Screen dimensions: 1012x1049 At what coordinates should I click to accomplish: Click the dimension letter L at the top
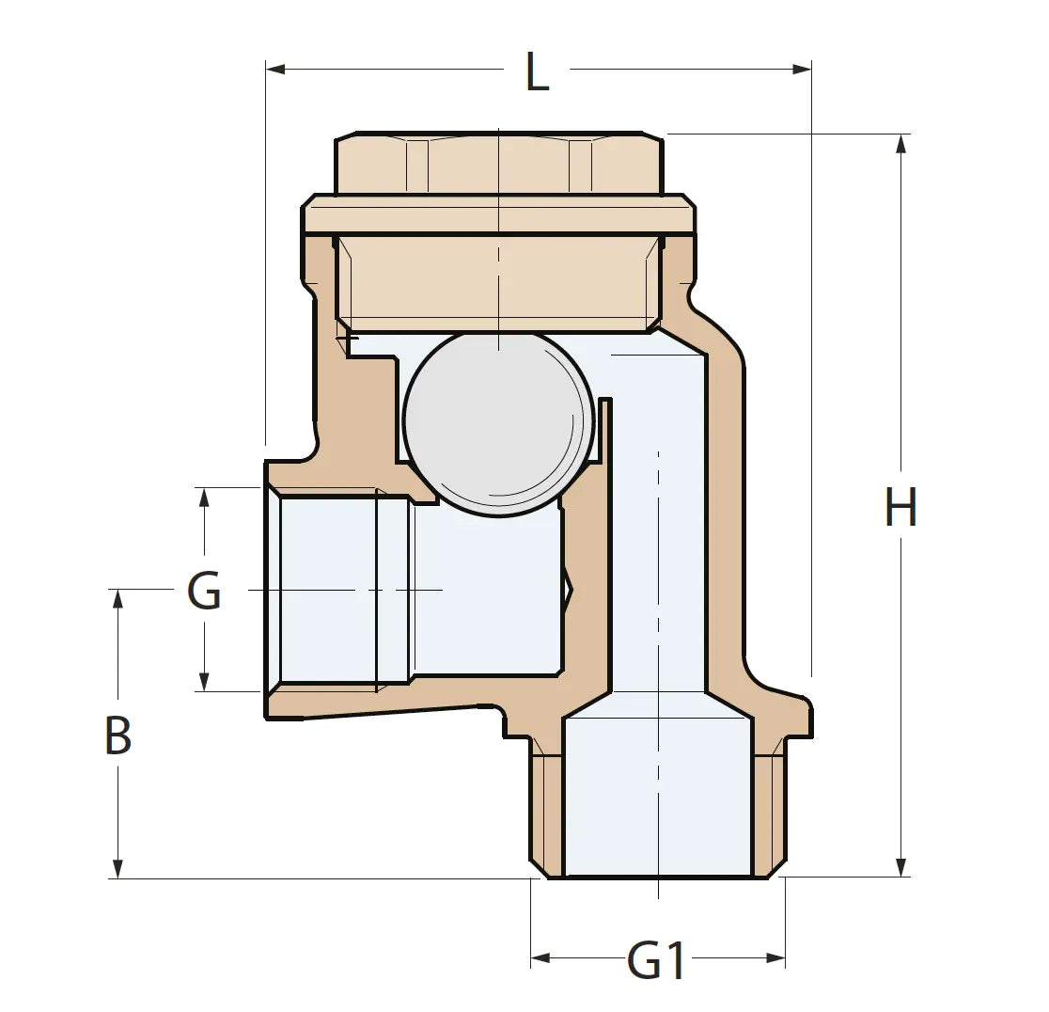537,72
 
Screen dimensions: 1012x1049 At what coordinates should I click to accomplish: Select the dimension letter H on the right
900,509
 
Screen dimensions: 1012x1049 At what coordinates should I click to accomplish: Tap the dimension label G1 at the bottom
657,961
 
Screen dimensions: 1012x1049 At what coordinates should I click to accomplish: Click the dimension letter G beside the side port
204,591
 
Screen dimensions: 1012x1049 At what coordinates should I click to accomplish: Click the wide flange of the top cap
499,215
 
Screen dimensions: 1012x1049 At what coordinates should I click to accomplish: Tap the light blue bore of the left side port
329,590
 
